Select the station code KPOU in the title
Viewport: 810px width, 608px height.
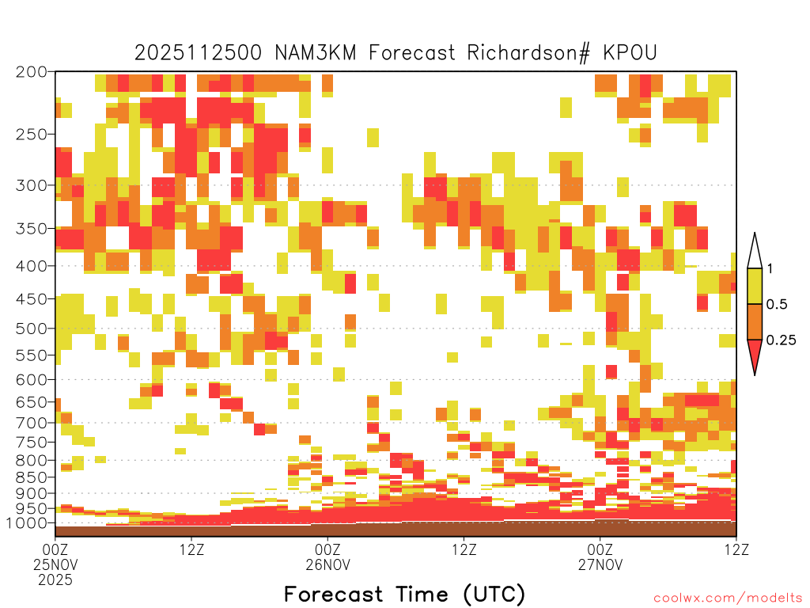(x=630, y=53)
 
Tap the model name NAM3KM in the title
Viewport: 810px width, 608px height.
(x=316, y=53)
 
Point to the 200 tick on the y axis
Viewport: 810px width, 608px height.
(x=32, y=72)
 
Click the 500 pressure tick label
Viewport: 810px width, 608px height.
(x=32, y=329)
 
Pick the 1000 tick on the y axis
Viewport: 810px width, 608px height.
(x=27, y=523)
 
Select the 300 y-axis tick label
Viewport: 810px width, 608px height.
(x=32, y=185)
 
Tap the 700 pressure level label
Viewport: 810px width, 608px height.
(x=32, y=423)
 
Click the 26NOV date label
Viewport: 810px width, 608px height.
(x=328, y=564)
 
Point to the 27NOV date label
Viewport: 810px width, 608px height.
(x=600, y=564)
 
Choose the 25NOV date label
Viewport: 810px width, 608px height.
(x=55, y=564)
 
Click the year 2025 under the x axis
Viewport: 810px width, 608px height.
(x=55, y=580)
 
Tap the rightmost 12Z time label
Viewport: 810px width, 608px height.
(x=736, y=549)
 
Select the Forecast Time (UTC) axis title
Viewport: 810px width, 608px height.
(x=404, y=595)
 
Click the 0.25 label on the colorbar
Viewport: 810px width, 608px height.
(x=781, y=340)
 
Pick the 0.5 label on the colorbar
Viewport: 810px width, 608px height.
(x=777, y=305)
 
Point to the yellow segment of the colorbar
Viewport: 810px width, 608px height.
(x=755, y=286)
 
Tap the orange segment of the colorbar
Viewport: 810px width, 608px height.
(x=755, y=321)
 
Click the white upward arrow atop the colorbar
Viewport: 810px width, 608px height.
(x=755, y=251)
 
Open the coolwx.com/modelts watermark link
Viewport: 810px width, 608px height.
(x=728, y=598)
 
